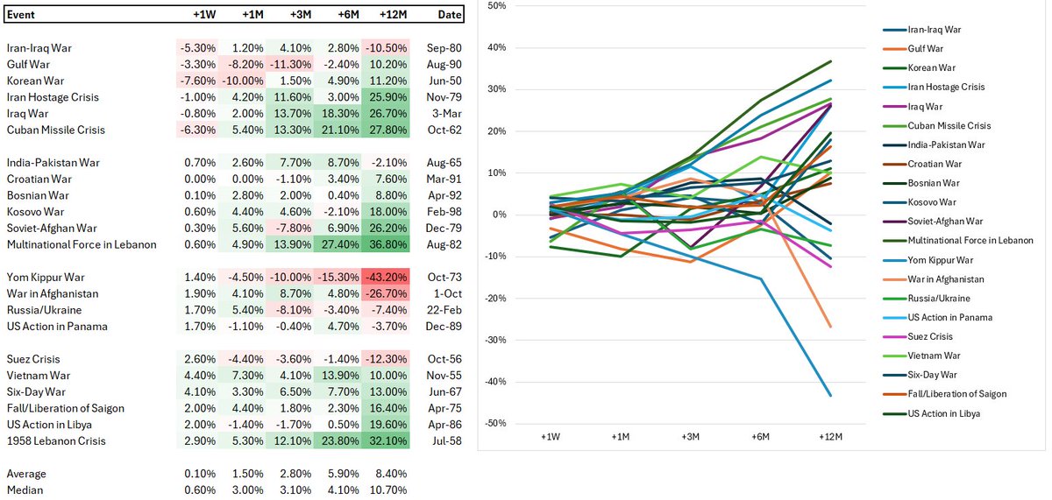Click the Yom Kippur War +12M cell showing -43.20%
pyautogui.click(x=384, y=278)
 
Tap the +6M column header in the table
pyautogui.click(x=336, y=15)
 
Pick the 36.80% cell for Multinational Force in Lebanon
pyautogui.click(x=384, y=244)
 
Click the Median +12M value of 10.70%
pyautogui.click(x=384, y=490)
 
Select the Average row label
pyautogui.click(x=28, y=474)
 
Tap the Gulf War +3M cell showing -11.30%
pyautogui.click(x=288, y=64)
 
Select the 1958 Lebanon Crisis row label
pyautogui.click(x=56, y=440)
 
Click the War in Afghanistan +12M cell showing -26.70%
pyautogui.click(x=384, y=294)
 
